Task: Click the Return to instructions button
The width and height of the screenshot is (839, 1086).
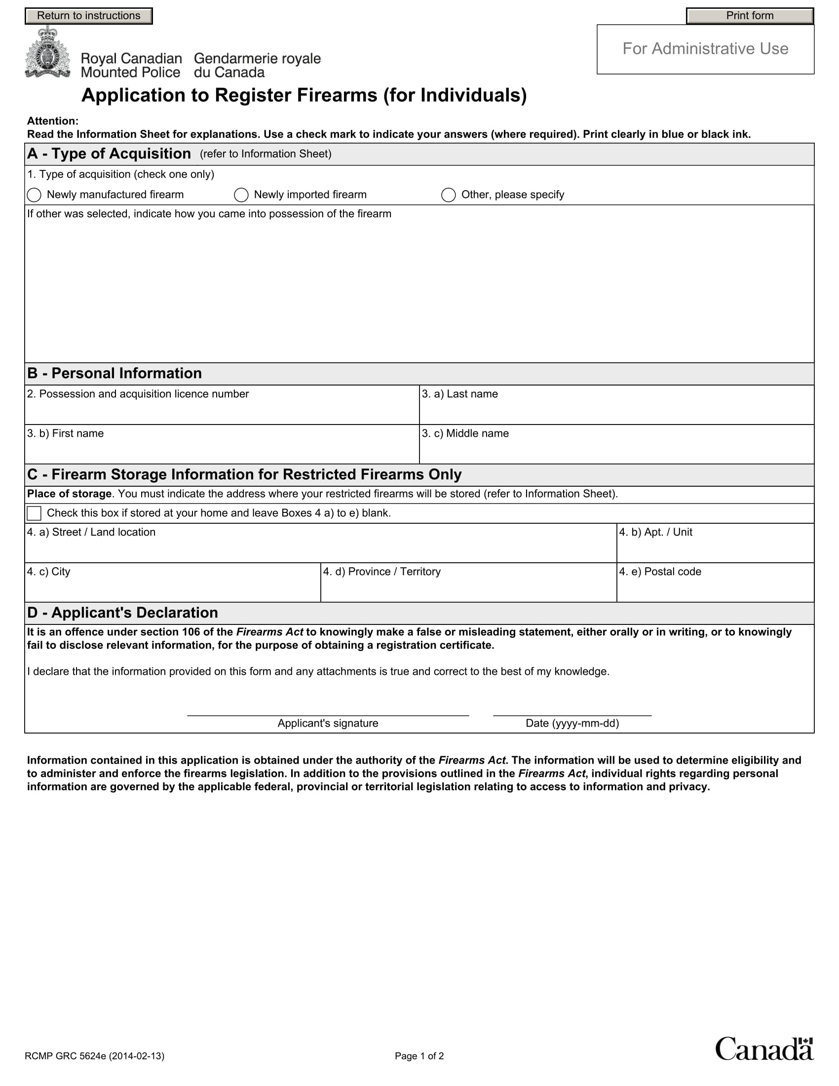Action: click(x=88, y=16)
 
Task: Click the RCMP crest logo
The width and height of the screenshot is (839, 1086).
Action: click(x=48, y=53)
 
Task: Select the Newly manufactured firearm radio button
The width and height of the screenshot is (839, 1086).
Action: click(x=34, y=195)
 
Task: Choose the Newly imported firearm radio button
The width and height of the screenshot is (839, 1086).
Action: click(x=241, y=195)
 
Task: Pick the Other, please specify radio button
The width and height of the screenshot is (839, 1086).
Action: click(x=448, y=195)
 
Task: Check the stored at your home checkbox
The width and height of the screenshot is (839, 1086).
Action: click(x=34, y=513)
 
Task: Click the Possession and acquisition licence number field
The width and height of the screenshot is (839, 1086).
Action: click(x=222, y=411)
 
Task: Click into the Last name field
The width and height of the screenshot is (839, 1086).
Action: click(x=616, y=411)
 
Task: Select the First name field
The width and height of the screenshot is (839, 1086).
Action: click(x=222, y=450)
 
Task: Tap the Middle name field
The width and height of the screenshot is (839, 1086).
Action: click(x=616, y=450)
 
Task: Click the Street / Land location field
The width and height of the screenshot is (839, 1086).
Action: click(x=321, y=549)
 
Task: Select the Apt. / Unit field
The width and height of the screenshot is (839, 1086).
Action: click(x=715, y=549)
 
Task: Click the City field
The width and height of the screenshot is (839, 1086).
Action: click(x=172, y=588)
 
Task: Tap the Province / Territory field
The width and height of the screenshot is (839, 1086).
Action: click(x=468, y=588)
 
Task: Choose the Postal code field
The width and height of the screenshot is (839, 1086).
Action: click(x=715, y=588)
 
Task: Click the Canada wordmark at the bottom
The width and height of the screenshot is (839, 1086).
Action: click(x=764, y=1049)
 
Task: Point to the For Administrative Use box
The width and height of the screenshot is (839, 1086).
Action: click(x=705, y=49)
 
